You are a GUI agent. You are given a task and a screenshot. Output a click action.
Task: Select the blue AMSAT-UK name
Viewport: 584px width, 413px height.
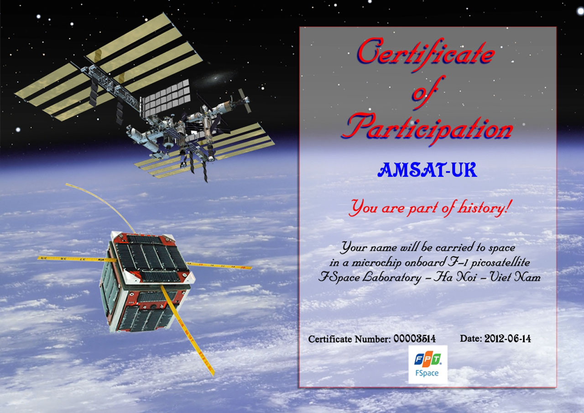tap(428, 170)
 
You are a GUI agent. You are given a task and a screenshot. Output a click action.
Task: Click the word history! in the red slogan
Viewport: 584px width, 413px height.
tap(484, 208)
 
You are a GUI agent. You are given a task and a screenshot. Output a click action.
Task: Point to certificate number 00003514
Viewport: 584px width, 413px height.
tap(414, 339)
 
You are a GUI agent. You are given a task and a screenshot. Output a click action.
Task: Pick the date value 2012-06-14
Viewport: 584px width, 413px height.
tap(507, 339)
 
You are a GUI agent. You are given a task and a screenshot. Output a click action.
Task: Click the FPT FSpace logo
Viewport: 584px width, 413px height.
tap(428, 364)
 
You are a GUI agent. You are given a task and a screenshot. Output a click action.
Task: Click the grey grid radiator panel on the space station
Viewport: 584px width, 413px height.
tap(165, 98)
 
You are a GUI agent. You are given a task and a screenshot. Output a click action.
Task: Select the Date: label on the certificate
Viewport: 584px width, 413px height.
tap(471, 339)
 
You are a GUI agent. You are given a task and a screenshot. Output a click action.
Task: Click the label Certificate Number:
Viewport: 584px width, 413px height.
tap(349, 339)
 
